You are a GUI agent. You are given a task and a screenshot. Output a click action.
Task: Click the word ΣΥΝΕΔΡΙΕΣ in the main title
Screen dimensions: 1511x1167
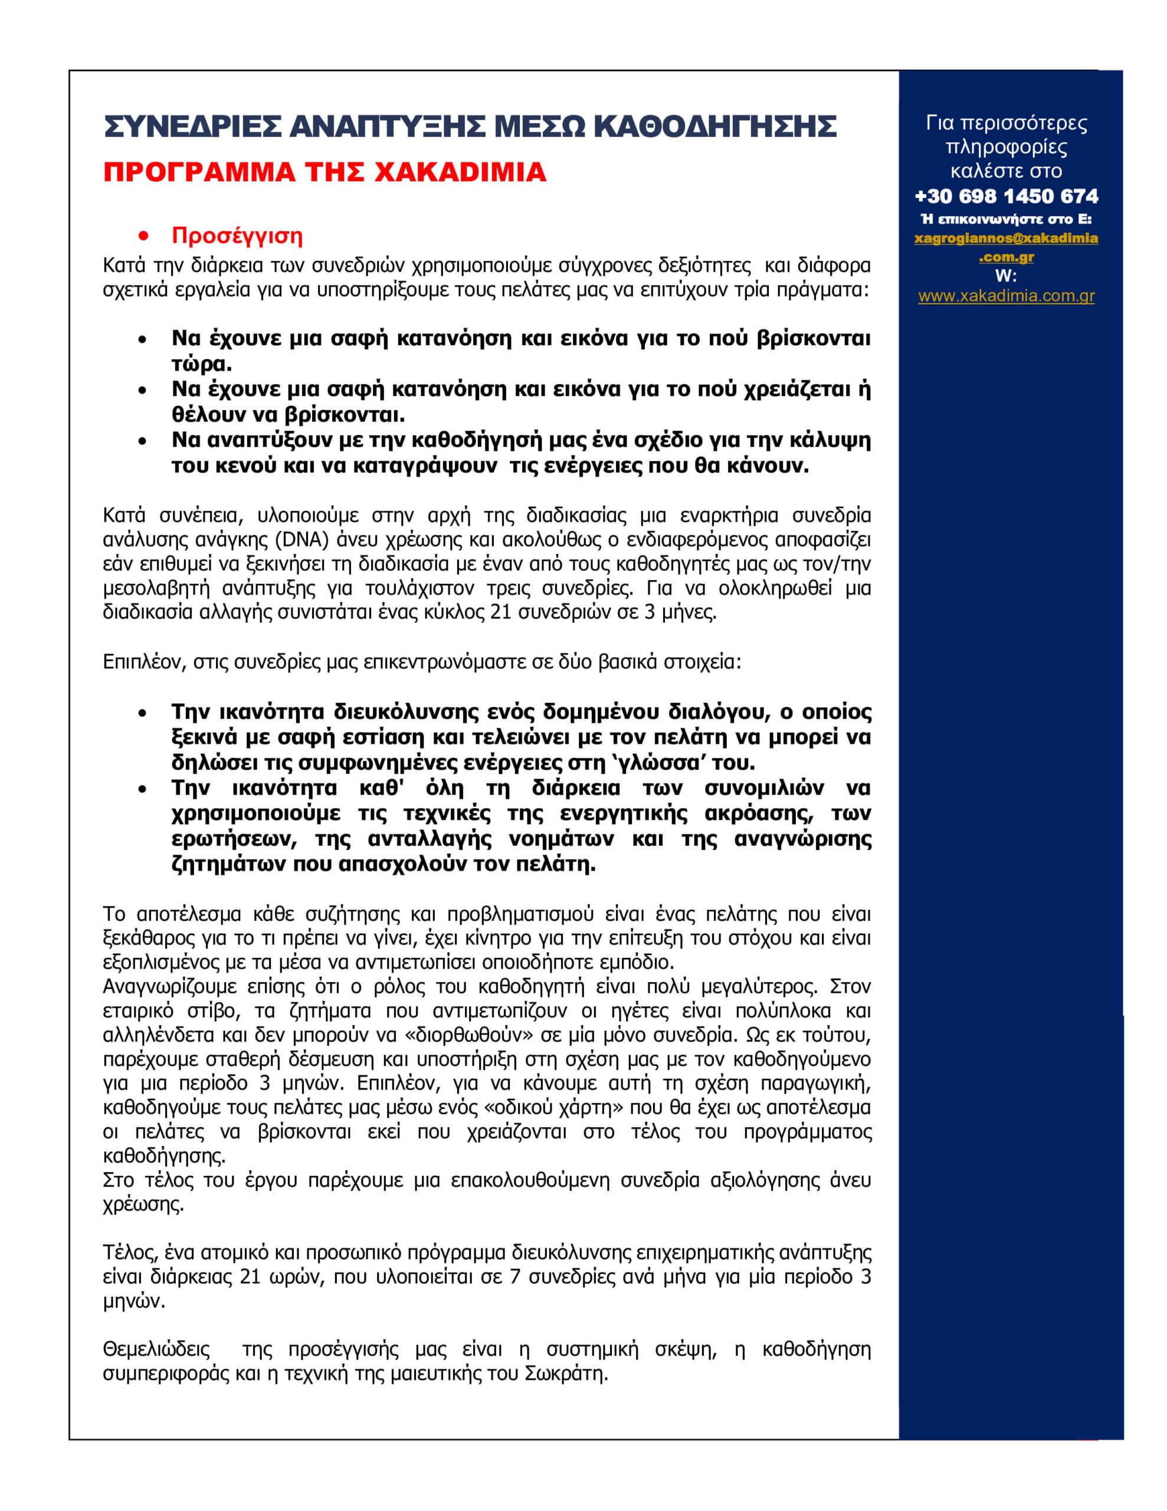pos(192,127)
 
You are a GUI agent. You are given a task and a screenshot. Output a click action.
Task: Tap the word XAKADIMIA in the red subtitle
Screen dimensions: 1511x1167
pos(461,172)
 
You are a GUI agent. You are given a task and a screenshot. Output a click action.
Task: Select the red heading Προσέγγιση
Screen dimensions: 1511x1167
pos(237,236)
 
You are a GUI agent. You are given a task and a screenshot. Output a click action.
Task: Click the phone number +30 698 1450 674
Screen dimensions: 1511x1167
pos(1006,197)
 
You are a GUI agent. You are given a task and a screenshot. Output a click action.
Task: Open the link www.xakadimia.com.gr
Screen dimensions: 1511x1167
pos(1006,296)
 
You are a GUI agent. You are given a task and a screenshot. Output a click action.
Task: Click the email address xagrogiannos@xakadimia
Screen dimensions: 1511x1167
pos(1006,238)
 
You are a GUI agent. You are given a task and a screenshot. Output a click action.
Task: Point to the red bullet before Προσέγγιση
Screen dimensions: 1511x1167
pos(144,237)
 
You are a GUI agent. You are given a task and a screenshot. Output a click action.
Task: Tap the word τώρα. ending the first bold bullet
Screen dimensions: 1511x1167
pos(201,364)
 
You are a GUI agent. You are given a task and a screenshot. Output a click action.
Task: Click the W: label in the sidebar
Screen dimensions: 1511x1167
pos(1006,276)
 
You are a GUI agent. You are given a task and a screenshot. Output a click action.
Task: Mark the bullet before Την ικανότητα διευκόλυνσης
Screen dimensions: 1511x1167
pos(143,712)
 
